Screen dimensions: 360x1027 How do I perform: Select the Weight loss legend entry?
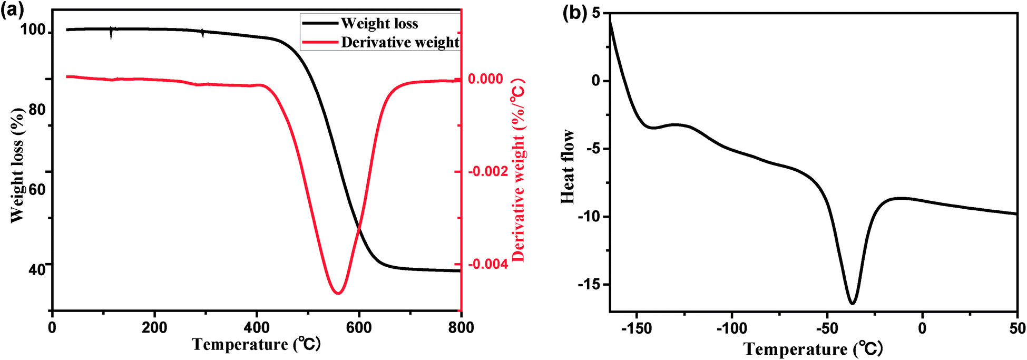379,23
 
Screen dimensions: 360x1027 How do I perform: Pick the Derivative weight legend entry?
399,42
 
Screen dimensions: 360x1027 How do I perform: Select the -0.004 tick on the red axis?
487,264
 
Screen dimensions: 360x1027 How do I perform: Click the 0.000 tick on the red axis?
485,79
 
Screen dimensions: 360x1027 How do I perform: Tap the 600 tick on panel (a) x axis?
358,328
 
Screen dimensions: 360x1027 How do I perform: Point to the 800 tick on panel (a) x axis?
461,328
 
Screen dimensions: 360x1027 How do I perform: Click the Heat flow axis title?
568,167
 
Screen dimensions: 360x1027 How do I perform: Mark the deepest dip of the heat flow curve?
852,304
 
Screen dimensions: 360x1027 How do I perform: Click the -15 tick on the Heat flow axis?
589,285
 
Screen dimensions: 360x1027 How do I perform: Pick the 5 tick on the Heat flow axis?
596,13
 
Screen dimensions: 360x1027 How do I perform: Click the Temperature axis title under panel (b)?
813,349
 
